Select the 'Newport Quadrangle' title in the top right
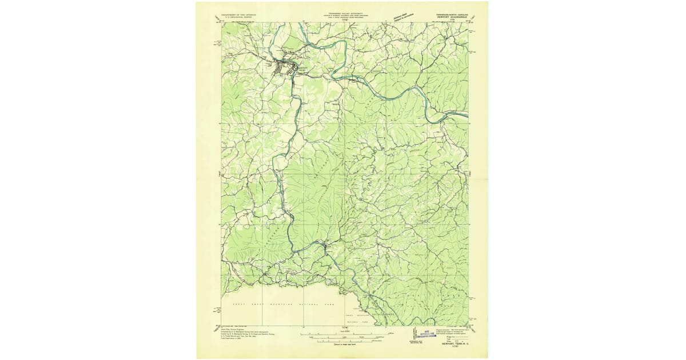point(452,16)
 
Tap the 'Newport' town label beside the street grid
point(303,67)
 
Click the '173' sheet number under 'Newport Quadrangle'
point(452,19)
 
